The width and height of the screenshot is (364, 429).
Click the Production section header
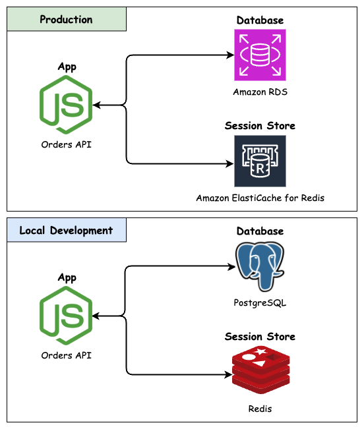66,19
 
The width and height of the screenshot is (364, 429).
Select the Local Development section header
66,231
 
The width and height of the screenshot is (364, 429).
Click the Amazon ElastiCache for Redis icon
260,161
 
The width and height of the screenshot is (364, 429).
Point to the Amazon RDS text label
260,92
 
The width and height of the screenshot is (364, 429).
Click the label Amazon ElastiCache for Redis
260,198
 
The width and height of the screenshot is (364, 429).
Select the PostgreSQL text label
260,303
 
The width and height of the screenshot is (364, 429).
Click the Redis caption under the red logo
260,409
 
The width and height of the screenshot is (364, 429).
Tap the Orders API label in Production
66,144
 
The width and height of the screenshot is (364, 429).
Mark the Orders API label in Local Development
66,355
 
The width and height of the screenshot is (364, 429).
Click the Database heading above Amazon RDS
260,20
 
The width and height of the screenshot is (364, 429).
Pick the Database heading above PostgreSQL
260,231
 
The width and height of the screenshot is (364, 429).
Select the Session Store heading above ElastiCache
260,126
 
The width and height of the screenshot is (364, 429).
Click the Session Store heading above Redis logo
260,337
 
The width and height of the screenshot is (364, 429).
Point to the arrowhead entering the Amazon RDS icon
230,56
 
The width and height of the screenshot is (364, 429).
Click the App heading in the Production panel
67,67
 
